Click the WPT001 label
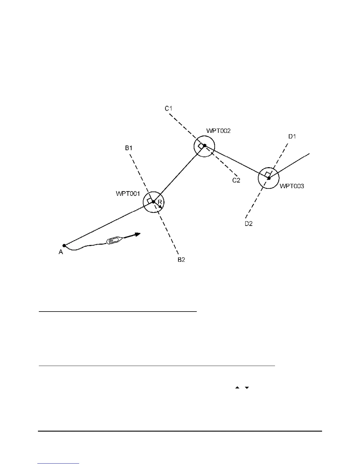coord(128,194)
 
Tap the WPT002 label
coord(218,131)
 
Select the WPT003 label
coord(291,186)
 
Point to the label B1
coord(129,148)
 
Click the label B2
coord(181,260)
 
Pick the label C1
coord(168,109)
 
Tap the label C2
coord(236,180)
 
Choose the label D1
coord(292,137)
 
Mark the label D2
coord(249,224)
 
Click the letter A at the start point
coord(61,252)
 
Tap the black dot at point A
coord(64,245)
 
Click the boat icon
coord(113,240)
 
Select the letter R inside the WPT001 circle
coord(160,202)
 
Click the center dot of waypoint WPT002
coord(205,145)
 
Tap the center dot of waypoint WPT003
coord(269,178)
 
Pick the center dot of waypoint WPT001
coord(153,202)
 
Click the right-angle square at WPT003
coord(267,174)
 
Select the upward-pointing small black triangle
coord(237,388)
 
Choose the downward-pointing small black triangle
coord(247,388)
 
